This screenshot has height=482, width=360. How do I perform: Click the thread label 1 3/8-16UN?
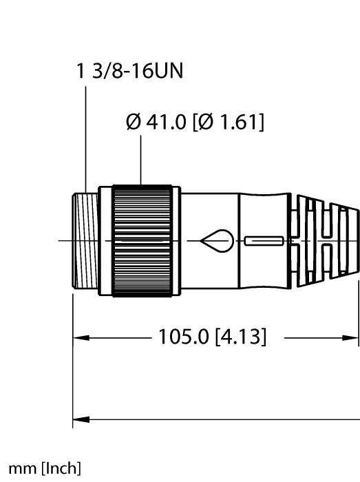click(x=129, y=72)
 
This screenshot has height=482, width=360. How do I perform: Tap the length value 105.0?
click(x=184, y=337)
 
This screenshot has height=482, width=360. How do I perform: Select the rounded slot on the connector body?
click(x=262, y=241)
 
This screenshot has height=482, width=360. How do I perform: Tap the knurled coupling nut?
click(x=142, y=241)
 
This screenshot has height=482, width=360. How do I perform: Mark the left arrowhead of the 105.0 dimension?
click(x=78, y=338)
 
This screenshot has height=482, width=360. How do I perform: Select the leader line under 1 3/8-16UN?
click(x=85, y=138)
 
